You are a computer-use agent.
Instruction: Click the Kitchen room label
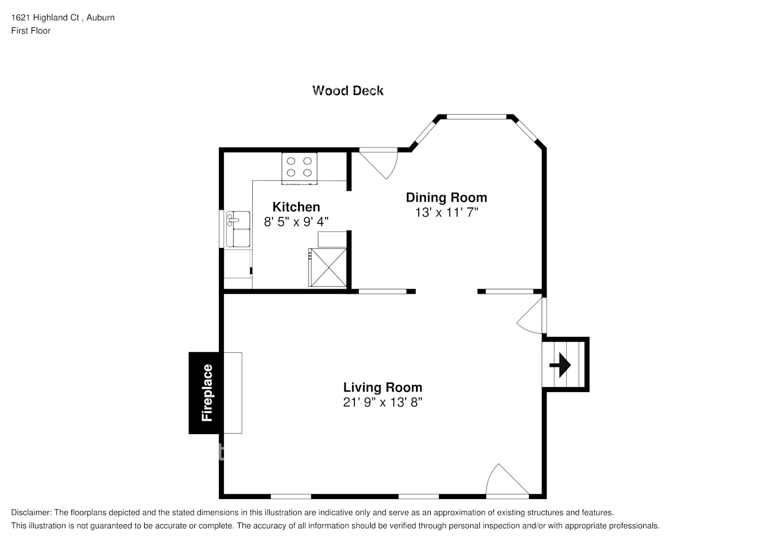coord(296,207)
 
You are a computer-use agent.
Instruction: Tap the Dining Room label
coord(446,198)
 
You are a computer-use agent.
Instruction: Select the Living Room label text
coord(382,388)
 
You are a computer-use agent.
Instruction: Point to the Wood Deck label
coord(348,91)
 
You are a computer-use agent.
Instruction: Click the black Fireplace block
coord(205,393)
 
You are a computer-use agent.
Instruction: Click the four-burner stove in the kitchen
coord(300,167)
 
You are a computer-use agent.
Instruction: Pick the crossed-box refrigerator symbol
coord(327,267)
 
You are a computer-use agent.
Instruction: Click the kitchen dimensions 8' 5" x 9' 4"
coord(296,222)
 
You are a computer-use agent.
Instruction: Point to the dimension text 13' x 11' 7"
coord(446,212)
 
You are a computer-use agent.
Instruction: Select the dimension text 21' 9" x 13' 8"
coord(382,402)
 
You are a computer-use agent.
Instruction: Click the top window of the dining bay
coord(476,116)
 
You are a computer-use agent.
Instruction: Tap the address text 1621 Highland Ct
coord(46,17)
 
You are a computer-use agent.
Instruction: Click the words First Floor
coord(31,31)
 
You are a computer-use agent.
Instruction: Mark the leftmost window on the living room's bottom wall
coord(290,496)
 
